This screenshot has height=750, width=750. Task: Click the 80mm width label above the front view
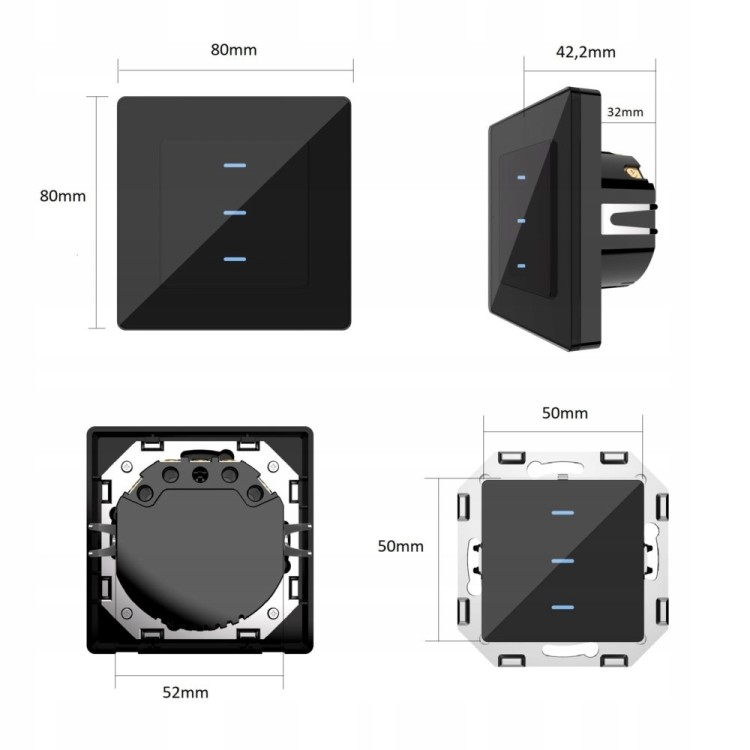234,50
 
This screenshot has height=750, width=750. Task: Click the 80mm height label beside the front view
63,196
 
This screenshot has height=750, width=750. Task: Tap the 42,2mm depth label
586,52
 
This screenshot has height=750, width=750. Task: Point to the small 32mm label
625,112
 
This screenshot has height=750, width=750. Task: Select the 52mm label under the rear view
186,693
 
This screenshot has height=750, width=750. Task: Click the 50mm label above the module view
565,413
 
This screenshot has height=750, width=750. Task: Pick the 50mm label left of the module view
401,546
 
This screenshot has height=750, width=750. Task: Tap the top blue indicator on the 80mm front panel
235,165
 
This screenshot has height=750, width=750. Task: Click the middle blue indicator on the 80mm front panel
235,213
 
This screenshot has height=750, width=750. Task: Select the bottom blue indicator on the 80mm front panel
235,259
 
